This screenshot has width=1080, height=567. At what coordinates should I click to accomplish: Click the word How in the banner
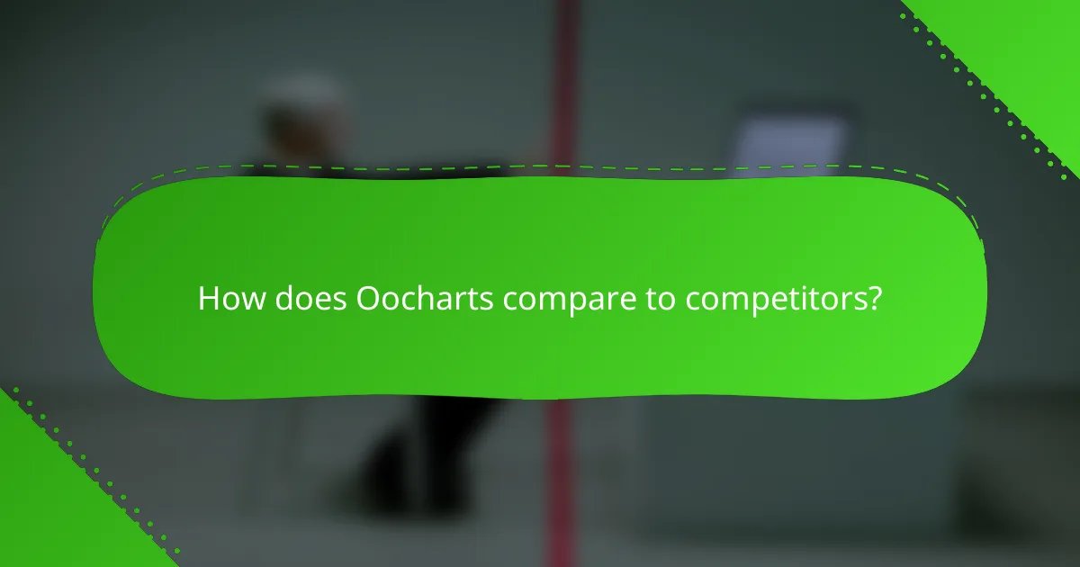tap(224, 299)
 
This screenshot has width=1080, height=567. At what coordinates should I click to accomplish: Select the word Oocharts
tap(425, 299)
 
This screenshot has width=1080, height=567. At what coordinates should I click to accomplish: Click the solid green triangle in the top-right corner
tap(1026, 45)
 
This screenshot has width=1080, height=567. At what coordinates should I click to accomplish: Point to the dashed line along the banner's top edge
tap(540, 166)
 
